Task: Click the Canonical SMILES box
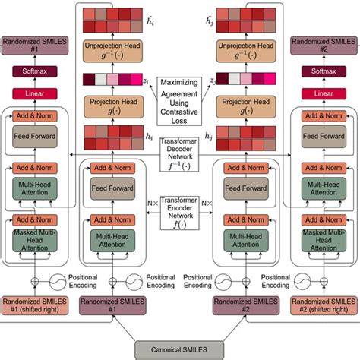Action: tap(180, 349)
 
